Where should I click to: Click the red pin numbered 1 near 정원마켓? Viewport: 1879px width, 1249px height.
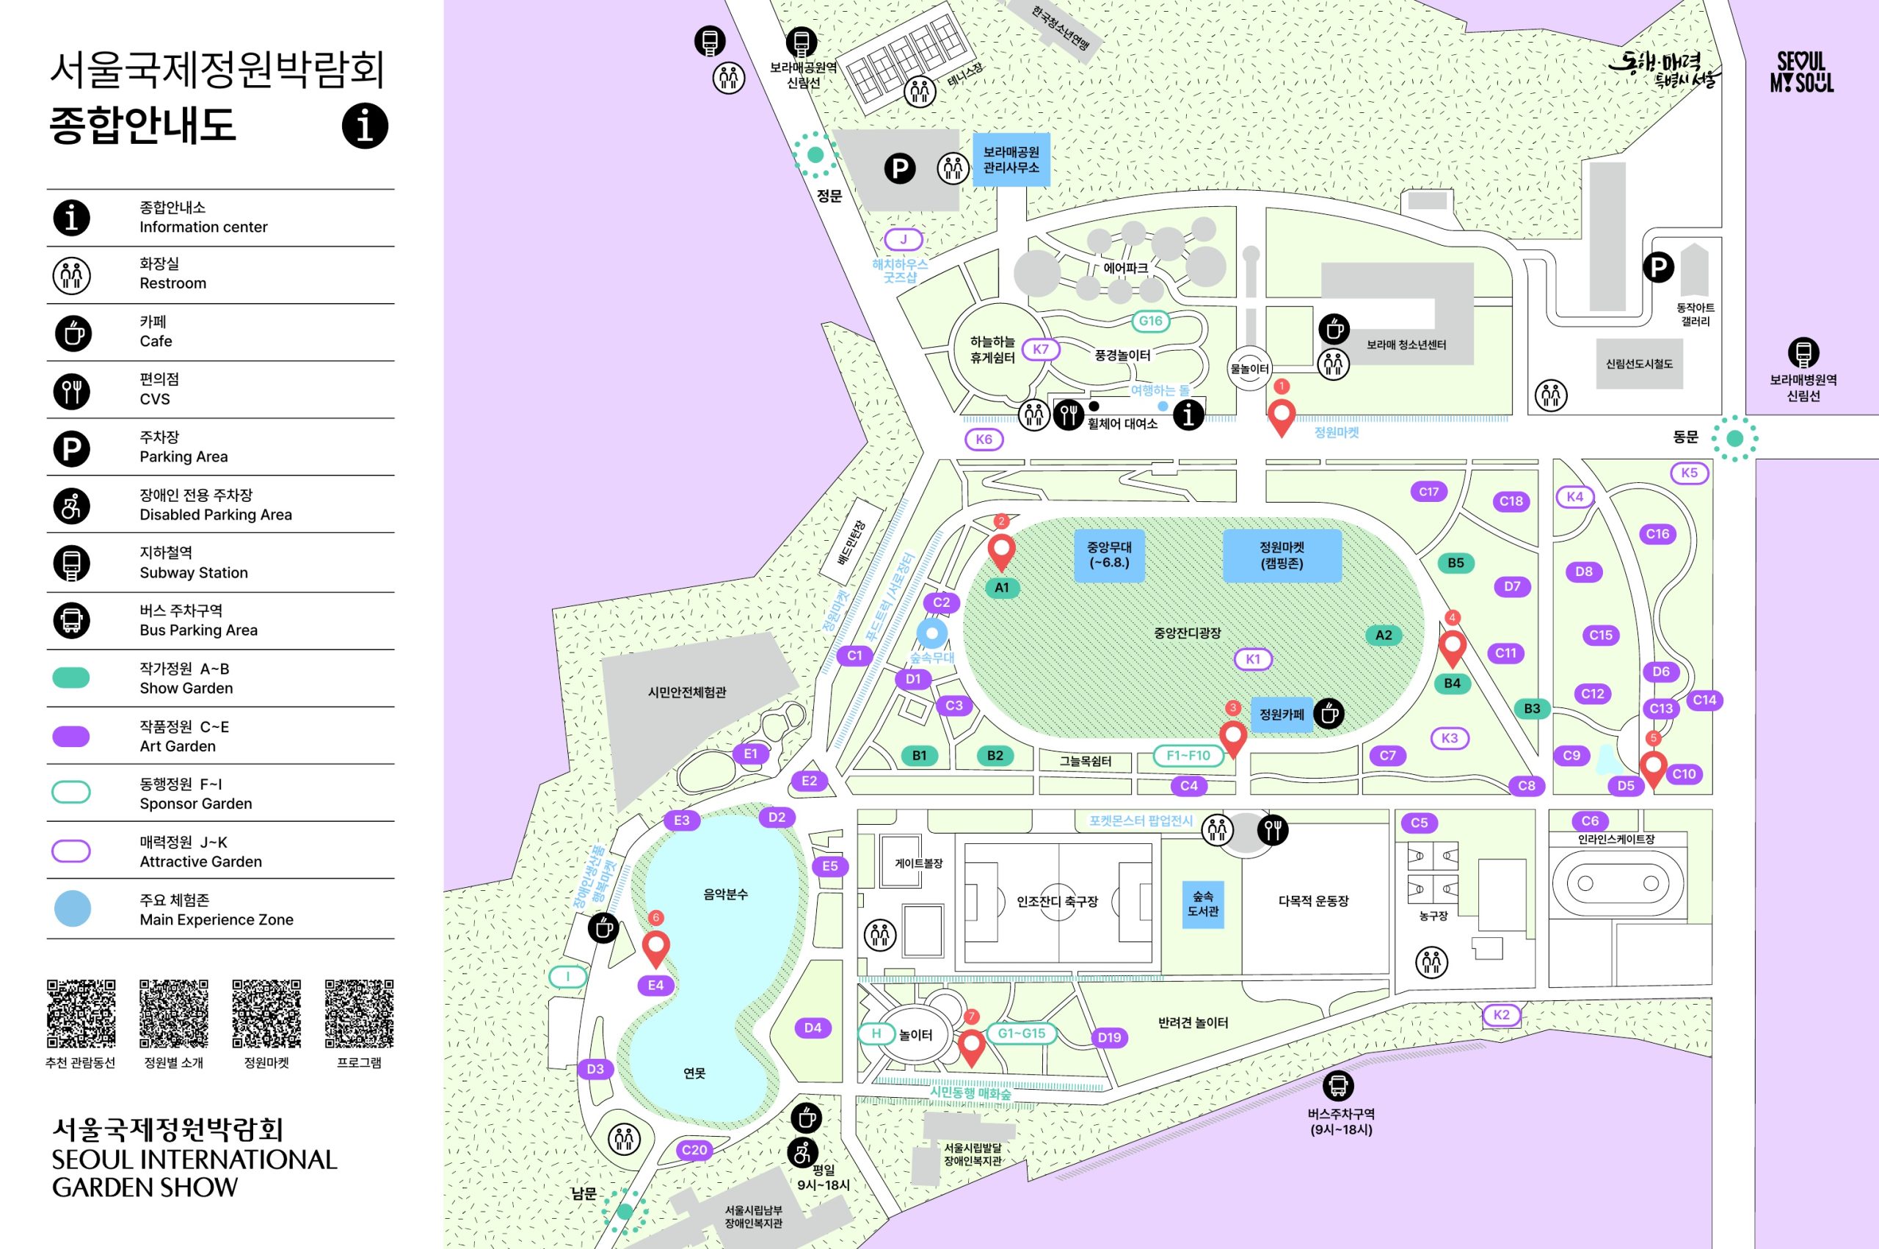[1281, 416]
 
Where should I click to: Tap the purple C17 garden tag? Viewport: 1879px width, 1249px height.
[1428, 492]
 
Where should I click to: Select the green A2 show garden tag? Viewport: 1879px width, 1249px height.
[1384, 635]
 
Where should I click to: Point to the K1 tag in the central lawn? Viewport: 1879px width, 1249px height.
[1252, 659]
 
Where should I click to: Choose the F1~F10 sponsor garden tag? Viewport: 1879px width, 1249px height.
[1188, 755]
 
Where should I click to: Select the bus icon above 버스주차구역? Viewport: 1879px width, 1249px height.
[1338, 1085]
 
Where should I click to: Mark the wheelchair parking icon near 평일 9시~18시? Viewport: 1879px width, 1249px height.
[802, 1152]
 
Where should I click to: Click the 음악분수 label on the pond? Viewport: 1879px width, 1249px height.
[725, 894]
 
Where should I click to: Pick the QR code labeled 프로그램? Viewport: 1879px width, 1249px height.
[359, 1013]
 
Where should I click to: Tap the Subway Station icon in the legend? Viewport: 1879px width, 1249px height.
[72, 563]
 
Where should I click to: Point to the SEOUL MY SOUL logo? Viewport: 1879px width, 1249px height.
[1801, 73]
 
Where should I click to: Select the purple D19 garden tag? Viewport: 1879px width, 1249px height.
[1109, 1037]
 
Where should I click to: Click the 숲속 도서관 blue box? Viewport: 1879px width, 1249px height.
[1203, 903]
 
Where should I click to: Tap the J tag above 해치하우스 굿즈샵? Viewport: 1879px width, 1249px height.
[904, 239]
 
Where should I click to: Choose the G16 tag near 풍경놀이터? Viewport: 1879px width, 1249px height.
[1150, 320]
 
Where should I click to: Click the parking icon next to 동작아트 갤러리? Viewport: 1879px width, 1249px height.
[1658, 267]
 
